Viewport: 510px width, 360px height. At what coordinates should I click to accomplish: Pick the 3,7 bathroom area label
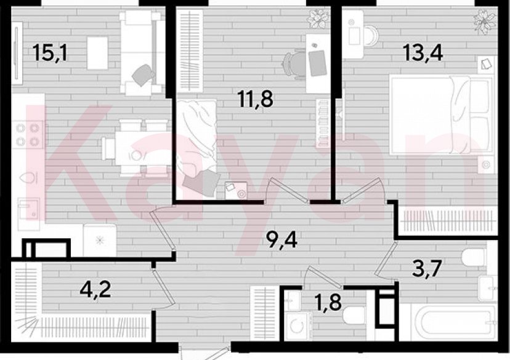coord(427,267)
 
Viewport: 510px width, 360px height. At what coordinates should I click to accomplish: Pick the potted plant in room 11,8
coord(317,18)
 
